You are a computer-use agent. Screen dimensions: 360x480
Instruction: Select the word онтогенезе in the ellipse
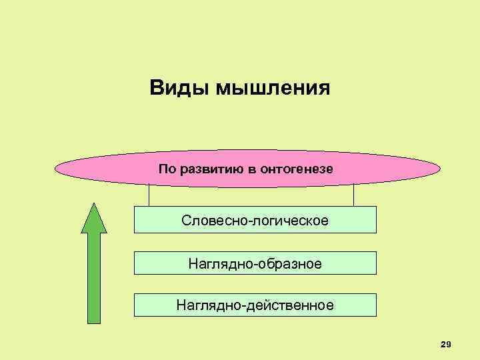point(299,169)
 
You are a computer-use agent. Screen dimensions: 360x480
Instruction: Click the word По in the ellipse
point(167,169)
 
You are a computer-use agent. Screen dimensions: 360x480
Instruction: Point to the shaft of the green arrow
point(94,280)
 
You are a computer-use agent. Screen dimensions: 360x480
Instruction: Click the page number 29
point(446,344)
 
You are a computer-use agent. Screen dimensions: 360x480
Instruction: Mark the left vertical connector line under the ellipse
point(149,196)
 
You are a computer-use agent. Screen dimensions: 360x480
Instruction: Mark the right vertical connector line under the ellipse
point(353,196)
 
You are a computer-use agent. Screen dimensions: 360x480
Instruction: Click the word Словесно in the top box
point(213,220)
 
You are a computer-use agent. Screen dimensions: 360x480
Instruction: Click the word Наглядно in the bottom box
point(209,306)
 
